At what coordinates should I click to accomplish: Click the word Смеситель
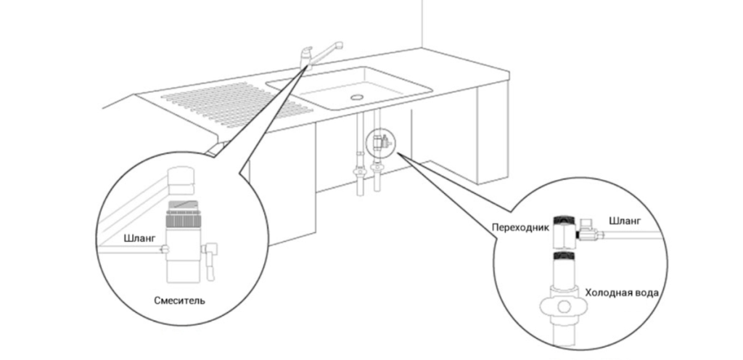coord(180,300)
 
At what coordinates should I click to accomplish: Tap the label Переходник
coord(520,227)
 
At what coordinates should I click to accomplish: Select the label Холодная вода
coord(622,292)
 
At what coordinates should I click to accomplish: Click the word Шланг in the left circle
coord(139,239)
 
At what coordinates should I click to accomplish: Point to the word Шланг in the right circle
coord(625,221)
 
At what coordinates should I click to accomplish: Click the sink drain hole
coord(356,97)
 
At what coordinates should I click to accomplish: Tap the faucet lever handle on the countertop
coord(306,51)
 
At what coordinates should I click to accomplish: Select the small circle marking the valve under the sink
coord(380,142)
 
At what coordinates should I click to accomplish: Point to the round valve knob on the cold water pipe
coord(563,306)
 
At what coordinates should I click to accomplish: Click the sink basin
coord(350,88)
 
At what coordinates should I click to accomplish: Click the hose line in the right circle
coord(633,235)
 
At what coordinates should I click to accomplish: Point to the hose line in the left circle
coord(131,250)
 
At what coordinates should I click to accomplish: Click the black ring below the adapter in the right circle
coord(564,256)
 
